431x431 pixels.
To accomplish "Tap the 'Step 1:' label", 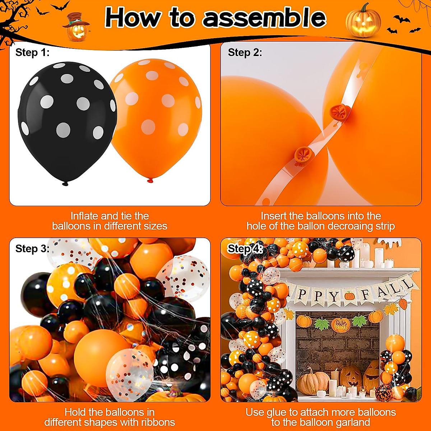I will pos(32,52).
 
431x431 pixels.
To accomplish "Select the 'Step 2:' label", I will pos(245,52).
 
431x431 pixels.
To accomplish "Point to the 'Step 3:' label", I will pos(32,249).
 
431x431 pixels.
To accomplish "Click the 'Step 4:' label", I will pos(245,249).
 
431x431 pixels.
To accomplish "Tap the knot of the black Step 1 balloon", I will pos(65,184).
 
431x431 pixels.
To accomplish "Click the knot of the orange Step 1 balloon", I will pos(150,180).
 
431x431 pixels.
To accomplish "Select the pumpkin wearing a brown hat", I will pos(76,27).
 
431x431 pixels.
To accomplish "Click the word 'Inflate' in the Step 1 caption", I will pos(84,216).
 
